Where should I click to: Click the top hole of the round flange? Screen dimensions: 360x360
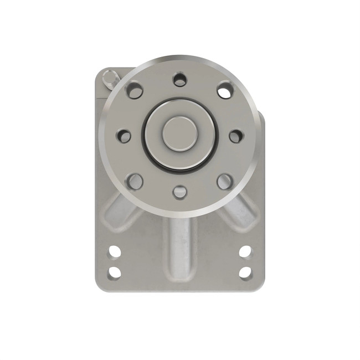pos(179,79)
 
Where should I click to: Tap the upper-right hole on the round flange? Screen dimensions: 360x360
pos(224,90)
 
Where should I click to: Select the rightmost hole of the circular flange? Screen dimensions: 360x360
pos(236,136)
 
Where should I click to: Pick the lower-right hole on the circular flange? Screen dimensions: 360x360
pos(224,181)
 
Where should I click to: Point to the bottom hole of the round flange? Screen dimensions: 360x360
pos(179,192)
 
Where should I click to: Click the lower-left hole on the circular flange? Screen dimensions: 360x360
pos(135,181)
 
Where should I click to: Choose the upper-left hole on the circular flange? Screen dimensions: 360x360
pos(135,90)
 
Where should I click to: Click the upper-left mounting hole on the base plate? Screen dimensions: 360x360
pos(115,252)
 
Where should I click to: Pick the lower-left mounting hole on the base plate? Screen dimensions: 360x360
pos(115,272)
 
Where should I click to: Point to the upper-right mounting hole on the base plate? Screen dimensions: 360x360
pos(245,252)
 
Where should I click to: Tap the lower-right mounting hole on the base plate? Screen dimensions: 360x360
pos(245,272)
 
